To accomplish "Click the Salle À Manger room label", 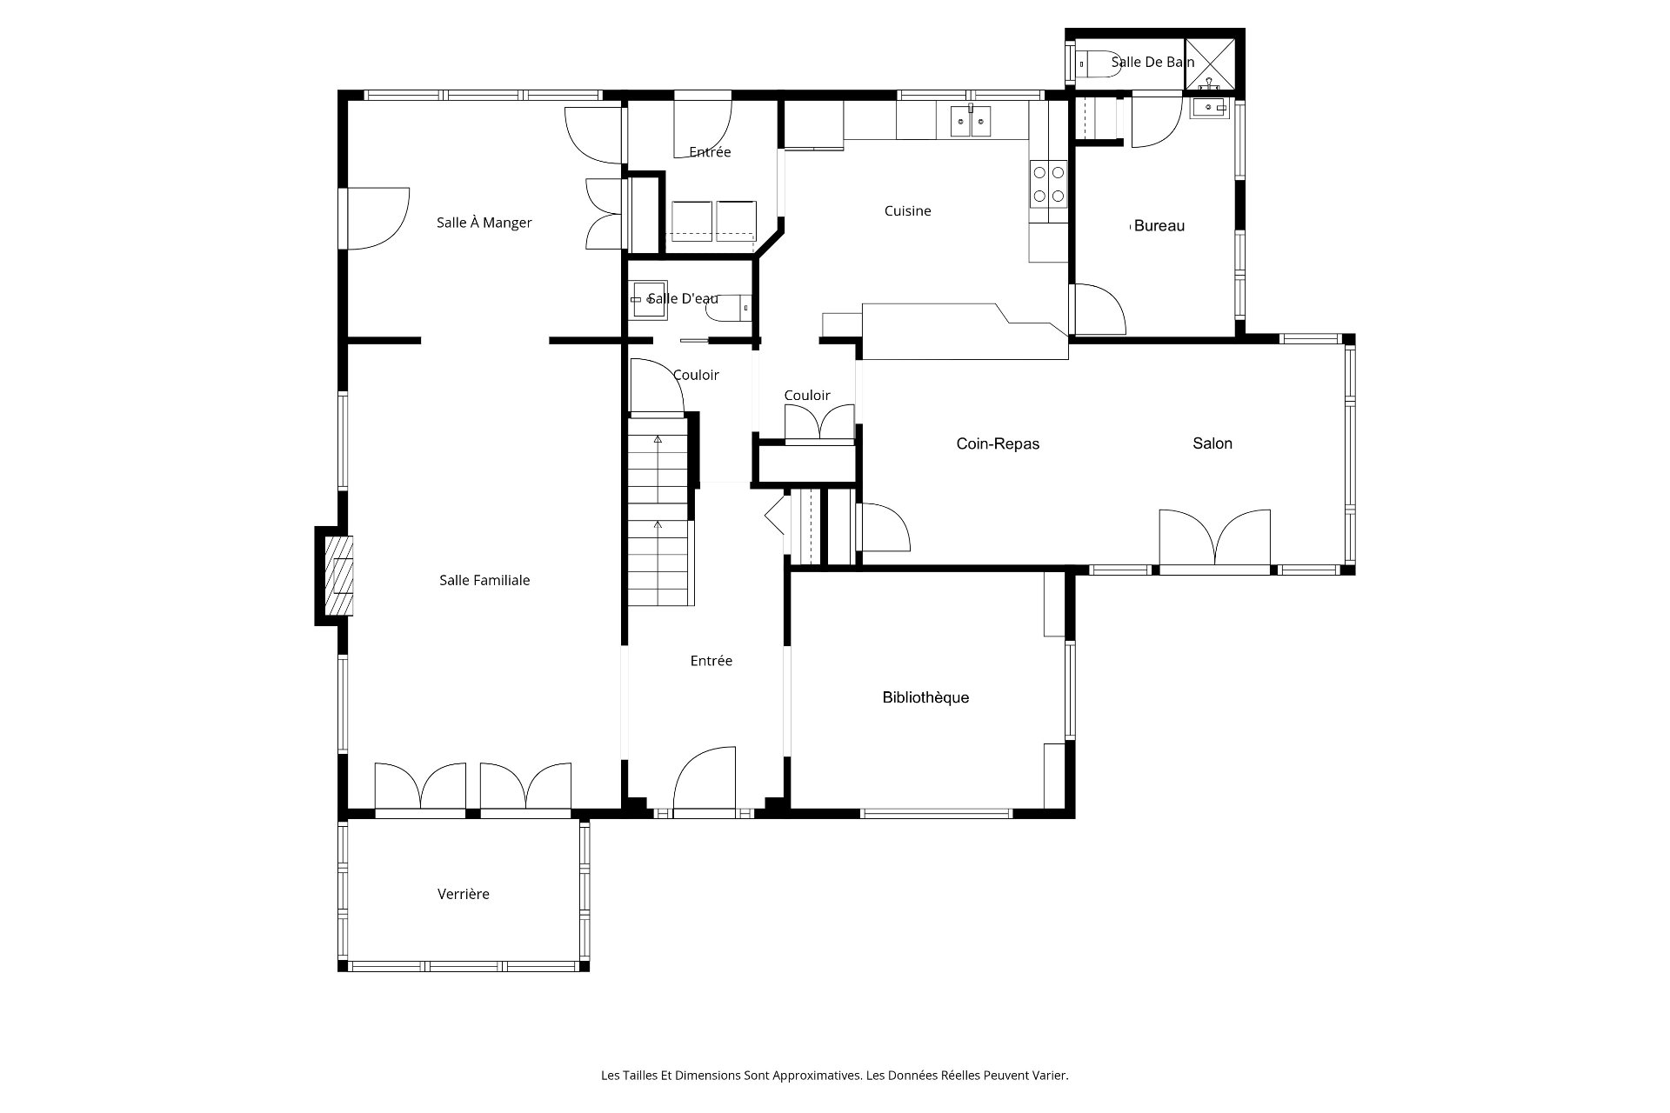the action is click(x=484, y=223).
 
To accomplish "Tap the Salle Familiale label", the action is click(x=484, y=580).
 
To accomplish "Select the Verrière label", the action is click(x=464, y=894).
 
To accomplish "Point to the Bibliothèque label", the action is click(x=925, y=697).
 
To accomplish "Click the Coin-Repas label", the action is click(x=998, y=443).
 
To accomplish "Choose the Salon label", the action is click(x=1212, y=443).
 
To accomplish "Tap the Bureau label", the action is click(x=1159, y=226).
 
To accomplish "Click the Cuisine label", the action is click(x=908, y=210).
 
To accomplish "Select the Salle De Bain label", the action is click(x=1152, y=62).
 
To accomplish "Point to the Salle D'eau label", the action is click(x=683, y=298).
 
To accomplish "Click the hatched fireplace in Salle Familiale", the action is click(x=340, y=576).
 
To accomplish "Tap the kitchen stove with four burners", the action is click(x=1048, y=184).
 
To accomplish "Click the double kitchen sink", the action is click(x=971, y=120).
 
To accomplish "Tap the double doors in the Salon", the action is click(x=1215, y=539).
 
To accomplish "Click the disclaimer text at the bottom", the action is click(x=834, y=1076).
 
